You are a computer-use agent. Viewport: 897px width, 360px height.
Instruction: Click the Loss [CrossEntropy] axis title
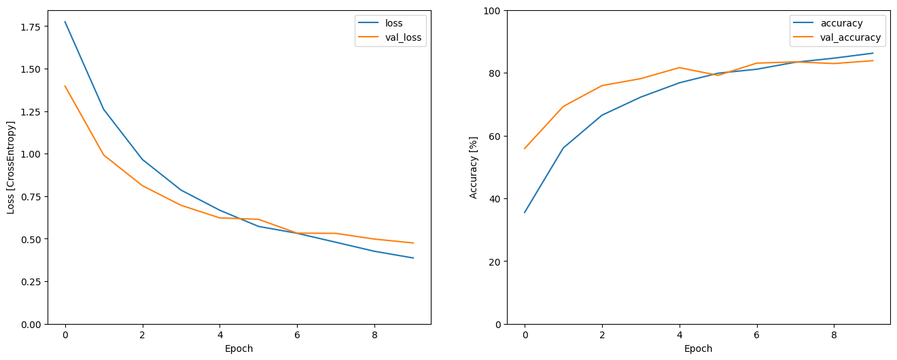point(11,167)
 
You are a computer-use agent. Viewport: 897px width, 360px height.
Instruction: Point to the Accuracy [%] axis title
point(473,167)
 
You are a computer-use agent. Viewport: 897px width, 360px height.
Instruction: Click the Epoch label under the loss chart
point(239,348)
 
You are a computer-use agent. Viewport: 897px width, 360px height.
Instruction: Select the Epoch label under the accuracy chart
point(698,348)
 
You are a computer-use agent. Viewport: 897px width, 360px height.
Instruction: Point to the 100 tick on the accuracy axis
point(491,11)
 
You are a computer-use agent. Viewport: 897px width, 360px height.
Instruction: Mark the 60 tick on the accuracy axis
point(494,136)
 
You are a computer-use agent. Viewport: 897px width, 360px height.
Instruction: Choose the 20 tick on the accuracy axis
point(494,262)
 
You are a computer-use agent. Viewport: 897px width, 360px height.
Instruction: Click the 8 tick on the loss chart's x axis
point(374,335)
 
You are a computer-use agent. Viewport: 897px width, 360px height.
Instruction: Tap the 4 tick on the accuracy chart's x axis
point(680,335)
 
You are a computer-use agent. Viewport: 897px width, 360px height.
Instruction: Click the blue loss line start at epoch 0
point(65,22)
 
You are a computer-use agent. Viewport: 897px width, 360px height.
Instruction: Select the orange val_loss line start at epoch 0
point(65,86)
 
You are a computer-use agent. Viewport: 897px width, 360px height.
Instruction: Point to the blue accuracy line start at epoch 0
point(525,213)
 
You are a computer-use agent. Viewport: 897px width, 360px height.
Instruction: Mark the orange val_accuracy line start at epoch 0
point(525,149)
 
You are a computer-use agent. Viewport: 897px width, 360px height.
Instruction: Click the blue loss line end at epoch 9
point(413,258)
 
